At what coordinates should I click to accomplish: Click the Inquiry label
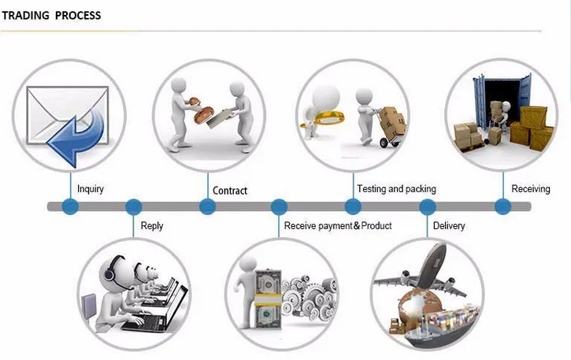click(91, 189)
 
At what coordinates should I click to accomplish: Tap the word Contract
click(230, 191)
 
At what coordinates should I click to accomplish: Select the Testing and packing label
click(396, 189)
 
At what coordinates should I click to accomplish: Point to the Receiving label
click(531, 189)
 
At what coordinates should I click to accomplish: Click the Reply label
click(151, 226)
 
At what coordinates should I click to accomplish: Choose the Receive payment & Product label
click(338, 226)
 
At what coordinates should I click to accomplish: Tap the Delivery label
click(449, 226)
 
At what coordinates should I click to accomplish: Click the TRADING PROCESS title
click(51, 15)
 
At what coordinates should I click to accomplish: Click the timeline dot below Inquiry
click(70, 206)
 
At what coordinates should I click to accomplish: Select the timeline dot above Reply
click(134, 206)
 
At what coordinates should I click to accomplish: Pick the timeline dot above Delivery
click(428, 206)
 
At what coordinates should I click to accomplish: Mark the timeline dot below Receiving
click(503, 206)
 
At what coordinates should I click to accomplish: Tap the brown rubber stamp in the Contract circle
click(202, 111)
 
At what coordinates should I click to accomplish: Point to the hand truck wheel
click(384, 143)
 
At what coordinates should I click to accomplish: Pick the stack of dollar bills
click(268, 299)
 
